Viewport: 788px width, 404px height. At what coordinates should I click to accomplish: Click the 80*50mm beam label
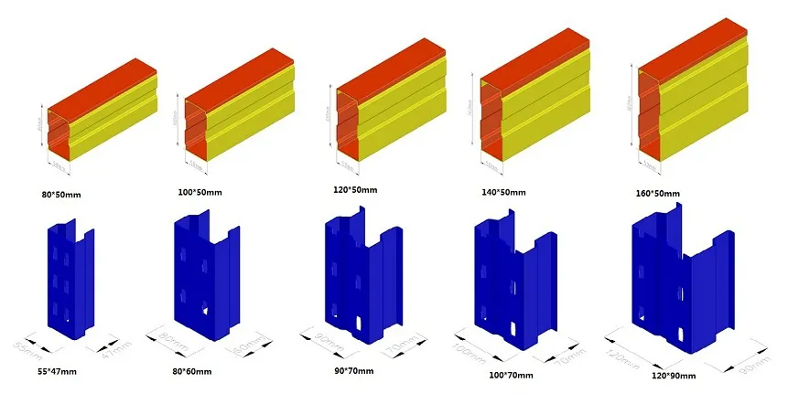click(x=67, y=194)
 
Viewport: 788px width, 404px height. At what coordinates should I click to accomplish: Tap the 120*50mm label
click(x=356, y=190)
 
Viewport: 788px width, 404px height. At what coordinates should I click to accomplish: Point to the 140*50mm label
click(x=504, y=194)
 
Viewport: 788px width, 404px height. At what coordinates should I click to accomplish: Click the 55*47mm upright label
click(x=58, y=372)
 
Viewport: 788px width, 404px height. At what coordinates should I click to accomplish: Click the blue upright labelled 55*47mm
click(x=69, y=274)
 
